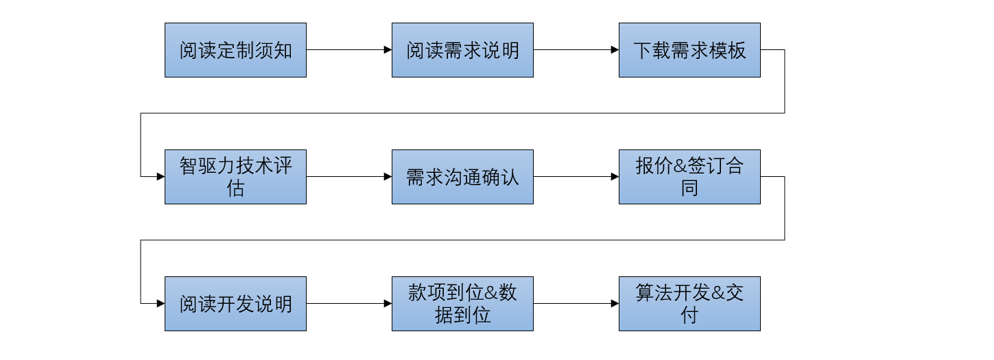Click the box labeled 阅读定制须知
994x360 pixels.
pyautogui.click(x=235, y=50)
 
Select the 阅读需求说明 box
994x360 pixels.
pyautogui.click(x=462, y=50)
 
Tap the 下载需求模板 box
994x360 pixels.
pyautogui.click(x=689, y=50)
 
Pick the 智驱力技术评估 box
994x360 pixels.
pyautogui.click(x=235, y=177)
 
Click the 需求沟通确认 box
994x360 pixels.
pyautogui.click(x=462, y=177)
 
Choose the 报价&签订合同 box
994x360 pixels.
pyautogui.click(x=689, y=177)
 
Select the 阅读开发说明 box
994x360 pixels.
pyautogui.click(x=235, y=304)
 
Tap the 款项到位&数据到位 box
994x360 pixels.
pyautogui.click(x=462, y=304)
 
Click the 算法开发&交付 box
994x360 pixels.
pyautogui.click(x=689, y=304)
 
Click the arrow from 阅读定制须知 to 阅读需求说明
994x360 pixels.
pyautogui.click(x=348, y=50)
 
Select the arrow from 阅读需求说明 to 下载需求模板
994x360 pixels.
pyautogui.click(x=576, y=50)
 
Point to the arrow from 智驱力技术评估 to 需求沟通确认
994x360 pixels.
pyautogui.click(x=348, y=177)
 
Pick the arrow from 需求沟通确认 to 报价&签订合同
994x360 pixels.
pyautogui.click(x=576, y=177)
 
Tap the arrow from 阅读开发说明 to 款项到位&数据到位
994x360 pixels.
pyautogui.click(x=348, y=304)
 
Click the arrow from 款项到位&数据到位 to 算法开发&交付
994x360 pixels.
pyautogui.click(x=576, y=304)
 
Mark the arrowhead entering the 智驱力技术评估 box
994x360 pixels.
pyautogui.click(x=161, y=177)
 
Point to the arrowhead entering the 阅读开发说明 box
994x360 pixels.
pyautogui.click(x=161, y=304)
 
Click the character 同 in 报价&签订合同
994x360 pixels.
pyautogui.click(x=689, y=188)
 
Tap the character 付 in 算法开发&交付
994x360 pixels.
pyautogui.click(x=689, y=315)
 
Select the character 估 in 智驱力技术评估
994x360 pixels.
pyautogui.click(x=235, y=188)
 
